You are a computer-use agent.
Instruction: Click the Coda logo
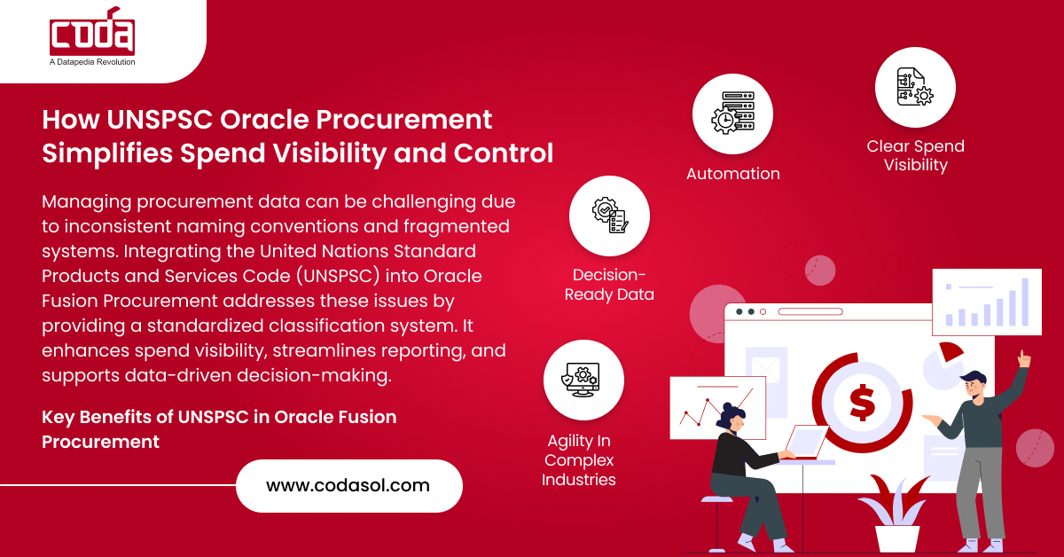[92, 31]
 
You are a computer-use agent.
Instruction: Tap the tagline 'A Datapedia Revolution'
[92, 62]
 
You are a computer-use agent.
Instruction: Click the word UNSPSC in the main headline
[160, 119]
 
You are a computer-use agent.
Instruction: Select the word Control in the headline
[504, 153]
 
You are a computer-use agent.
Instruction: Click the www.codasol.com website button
[349, 486]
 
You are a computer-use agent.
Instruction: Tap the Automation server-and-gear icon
[733, 114]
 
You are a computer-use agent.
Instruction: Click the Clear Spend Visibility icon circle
[915, 88]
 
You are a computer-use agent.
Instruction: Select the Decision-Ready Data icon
[609, 216]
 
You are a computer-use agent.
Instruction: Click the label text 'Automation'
[733, 174]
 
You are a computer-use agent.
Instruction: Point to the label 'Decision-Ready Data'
[609, 284]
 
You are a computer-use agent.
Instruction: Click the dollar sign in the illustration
[862, 403]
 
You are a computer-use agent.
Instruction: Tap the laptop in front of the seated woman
[806, 442]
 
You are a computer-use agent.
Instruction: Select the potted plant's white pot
[897, 539]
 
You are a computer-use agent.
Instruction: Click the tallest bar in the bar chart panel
[1025, 302]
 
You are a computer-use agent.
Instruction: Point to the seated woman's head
[731, 416]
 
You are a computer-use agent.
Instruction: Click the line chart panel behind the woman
[717, 408]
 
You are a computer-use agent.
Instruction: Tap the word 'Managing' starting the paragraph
[87, 202]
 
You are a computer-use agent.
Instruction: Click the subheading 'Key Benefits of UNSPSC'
[145, 417]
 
